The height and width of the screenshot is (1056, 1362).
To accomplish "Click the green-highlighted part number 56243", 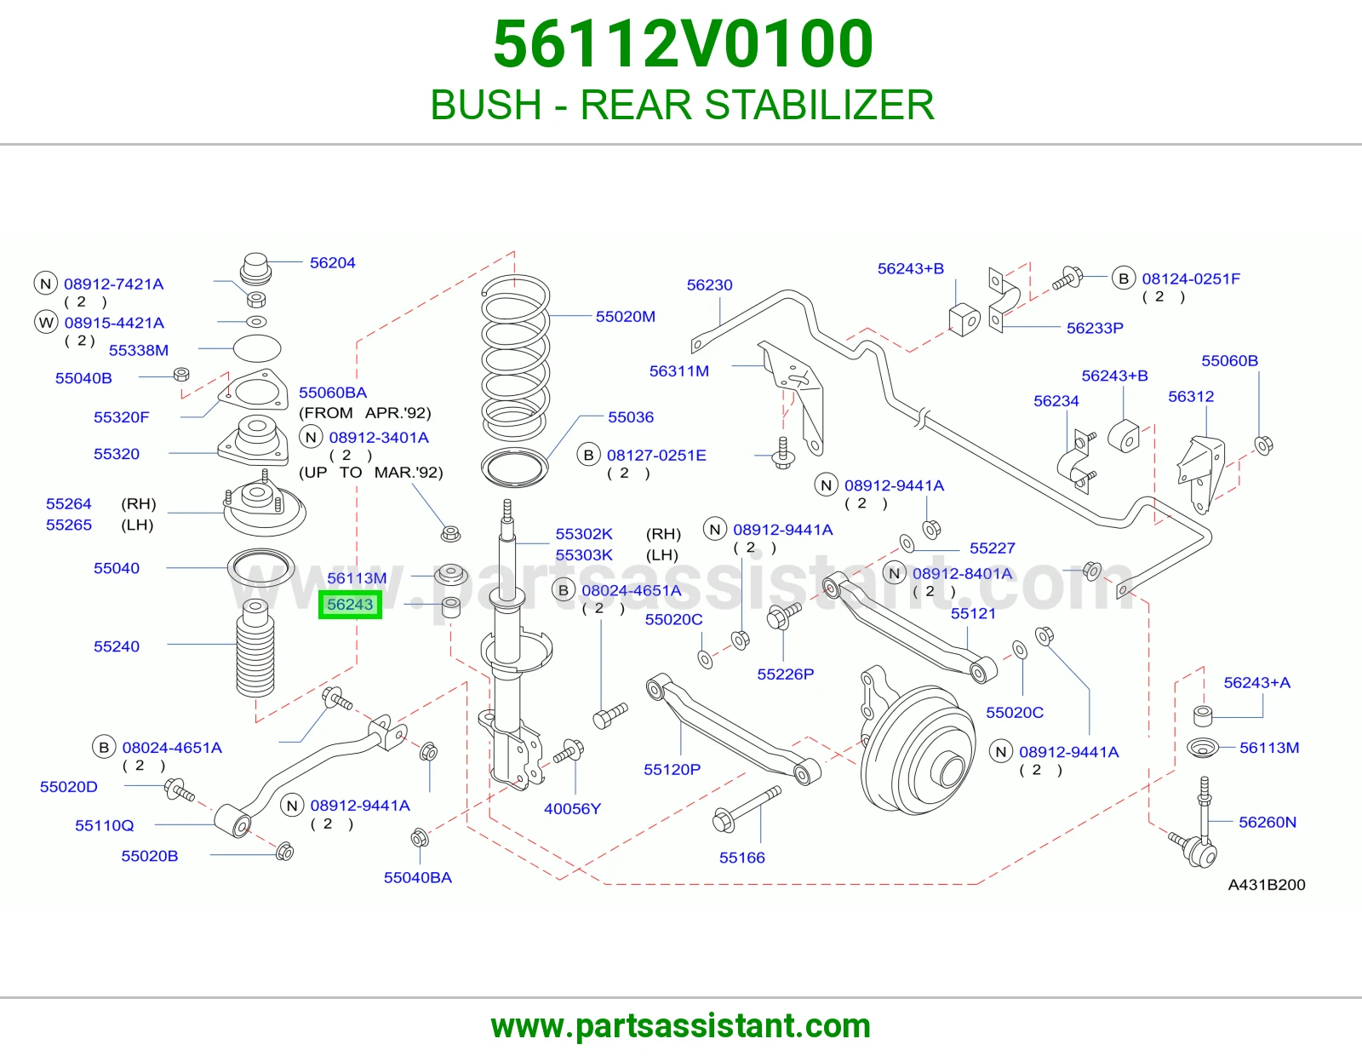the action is (x=350, y=605).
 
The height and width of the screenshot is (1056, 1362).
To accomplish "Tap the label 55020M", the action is (x=625, y=317).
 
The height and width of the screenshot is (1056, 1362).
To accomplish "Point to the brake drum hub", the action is (x=918, y=749).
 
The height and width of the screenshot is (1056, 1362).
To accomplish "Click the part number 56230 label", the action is (x=709, y=284).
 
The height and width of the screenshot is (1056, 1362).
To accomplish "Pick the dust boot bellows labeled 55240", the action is (x=255, y=648).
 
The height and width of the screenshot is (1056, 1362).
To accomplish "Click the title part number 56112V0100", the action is (x=683, y=44).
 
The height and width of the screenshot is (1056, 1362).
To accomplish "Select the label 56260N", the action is (x=1267, y=822).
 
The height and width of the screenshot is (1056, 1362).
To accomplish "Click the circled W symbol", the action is (x=46, y=323).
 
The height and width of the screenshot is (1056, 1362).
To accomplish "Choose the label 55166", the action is (x=741, y=858).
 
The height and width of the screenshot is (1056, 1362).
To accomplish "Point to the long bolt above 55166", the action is (x=747, y=808).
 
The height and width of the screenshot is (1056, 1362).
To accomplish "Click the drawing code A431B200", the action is (x=1266, y=885).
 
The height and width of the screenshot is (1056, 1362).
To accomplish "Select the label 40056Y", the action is (x=572, y=809).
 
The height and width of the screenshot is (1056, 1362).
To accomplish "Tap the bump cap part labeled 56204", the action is (x=255, y=269).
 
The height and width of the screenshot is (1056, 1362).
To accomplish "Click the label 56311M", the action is (x=678, y=371).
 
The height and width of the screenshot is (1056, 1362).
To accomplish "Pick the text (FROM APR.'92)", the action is (x=365, y=413).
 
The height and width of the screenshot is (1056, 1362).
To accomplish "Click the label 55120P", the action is (x=672, y=769).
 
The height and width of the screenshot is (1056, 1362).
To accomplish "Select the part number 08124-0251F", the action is (x=1190, y=279).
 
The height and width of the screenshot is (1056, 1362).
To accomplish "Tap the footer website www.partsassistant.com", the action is (x=681, y=1026).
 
